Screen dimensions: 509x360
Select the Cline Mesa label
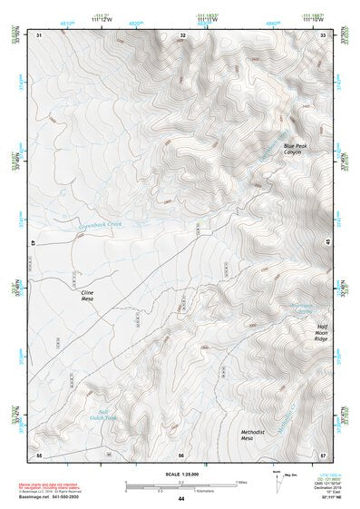pyautogui.click(x=87, y=297)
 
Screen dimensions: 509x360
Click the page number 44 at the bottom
pyautogui.click(x=181, y=499)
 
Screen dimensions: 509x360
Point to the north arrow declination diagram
pyautogui.click(x=278, y=480)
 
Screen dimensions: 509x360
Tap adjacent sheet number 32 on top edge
pyautogui.click(x=183, y=34)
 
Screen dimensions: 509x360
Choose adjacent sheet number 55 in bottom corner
pyautogui.click(x=39, y=454)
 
